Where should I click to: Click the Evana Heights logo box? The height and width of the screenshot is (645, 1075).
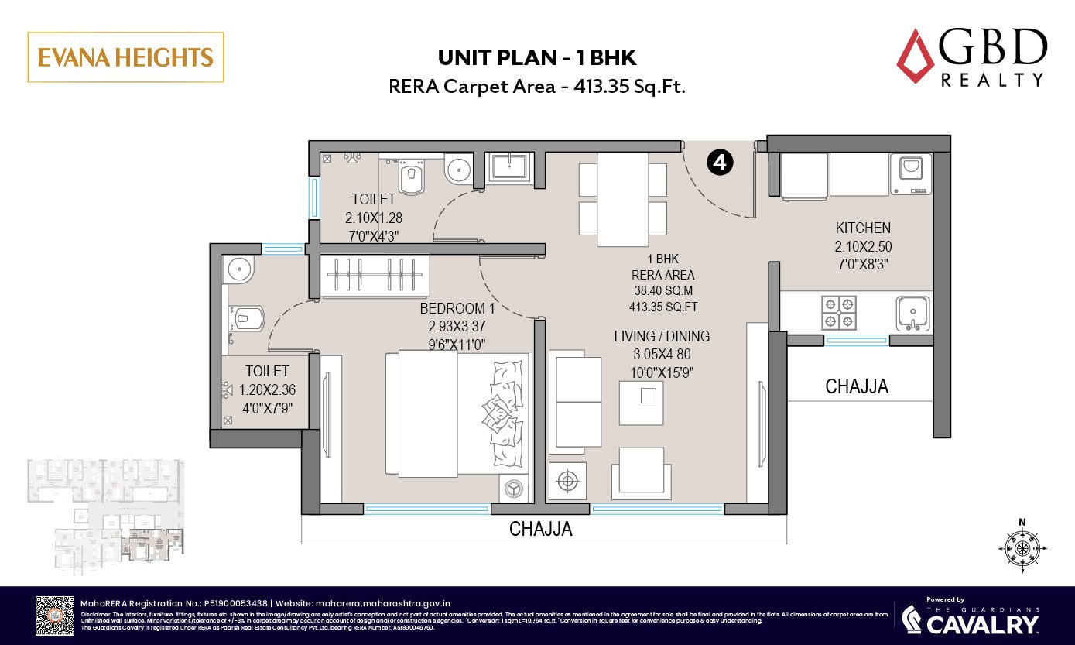pyautogui.click(x=125, y=57)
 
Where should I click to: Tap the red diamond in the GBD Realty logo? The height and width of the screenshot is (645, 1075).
pyautogui.click(x=916, y=56)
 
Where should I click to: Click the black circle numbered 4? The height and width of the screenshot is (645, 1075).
pyautogui.click(x=720, y=163)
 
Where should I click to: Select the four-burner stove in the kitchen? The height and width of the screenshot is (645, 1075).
pyautogui.click(x=838, y=311)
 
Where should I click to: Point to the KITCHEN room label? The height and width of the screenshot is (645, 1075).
pyautogui.click(x=863, y=228)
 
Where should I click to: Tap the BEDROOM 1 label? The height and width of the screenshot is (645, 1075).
pyautogui.click(x=457, y=309)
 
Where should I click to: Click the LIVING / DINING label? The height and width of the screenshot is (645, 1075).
pyautogui.click(x=662, y=337)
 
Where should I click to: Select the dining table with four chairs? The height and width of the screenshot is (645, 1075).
pyautogui.click(x=623, y=199)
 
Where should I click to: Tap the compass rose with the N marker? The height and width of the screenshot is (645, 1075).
pyautogui.click(x=1022, y=548)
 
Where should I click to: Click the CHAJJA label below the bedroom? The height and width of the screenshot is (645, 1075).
pyautogui.click(x=540, y=530)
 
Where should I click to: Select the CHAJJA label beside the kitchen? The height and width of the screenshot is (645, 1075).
pyautogui.click(x=857, y=386)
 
